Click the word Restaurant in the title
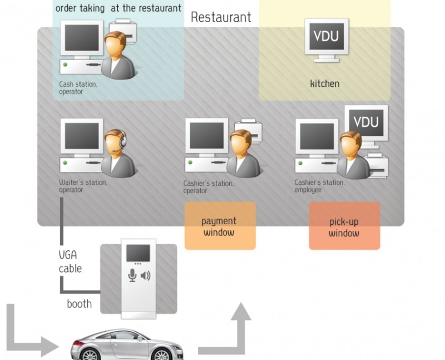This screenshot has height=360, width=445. pos(221,17)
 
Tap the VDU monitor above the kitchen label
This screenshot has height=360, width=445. pos(325,38)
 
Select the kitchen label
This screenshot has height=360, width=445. pos(325,84)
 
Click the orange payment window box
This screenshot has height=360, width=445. pos(220,226)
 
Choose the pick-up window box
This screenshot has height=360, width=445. pos(344,226)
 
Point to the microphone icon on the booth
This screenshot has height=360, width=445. pos(132,275)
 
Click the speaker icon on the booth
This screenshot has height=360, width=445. pos(146,275)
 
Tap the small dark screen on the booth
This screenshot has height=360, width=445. pos(137,253)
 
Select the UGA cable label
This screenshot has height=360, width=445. pos(70,262)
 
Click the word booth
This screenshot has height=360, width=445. pos(79,304)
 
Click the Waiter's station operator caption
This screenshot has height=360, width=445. pos(83,186)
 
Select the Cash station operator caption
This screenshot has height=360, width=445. pos(78,88)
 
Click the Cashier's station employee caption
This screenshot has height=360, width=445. pos(319,186)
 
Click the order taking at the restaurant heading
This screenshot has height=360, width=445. pos(118,8)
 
